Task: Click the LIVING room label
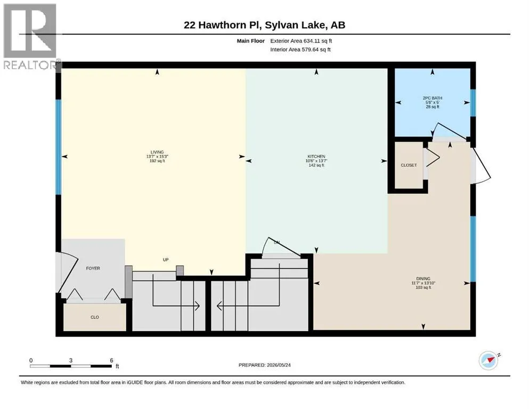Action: [x=157, y=152]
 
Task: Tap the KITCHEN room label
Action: [x=316, y=157]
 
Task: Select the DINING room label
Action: [x=423, y=279]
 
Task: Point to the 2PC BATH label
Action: [x=433, y=98]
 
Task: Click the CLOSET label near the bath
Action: [x=409, y=165]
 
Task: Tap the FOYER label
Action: [x=93, y=268]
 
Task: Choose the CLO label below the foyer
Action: [x=95, y=317]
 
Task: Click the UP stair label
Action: [x=166, y=260]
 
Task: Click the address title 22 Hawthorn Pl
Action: [x=222, y=25]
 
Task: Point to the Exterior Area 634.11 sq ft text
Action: [x=301, y=41]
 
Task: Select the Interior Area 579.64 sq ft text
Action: [x=300, y=50]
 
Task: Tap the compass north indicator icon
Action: [x=489, y=360]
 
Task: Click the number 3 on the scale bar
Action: [x=71, y=360]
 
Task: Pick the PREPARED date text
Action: [x=264, y=365]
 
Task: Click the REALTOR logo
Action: [x=31, y=36]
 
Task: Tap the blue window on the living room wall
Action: [x=59, y=147]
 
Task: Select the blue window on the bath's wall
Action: [x=473, y=103]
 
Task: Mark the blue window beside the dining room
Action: [x=473, y=249]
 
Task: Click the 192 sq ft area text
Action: [x=157, y=161]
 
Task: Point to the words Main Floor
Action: [x=251, y=41]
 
